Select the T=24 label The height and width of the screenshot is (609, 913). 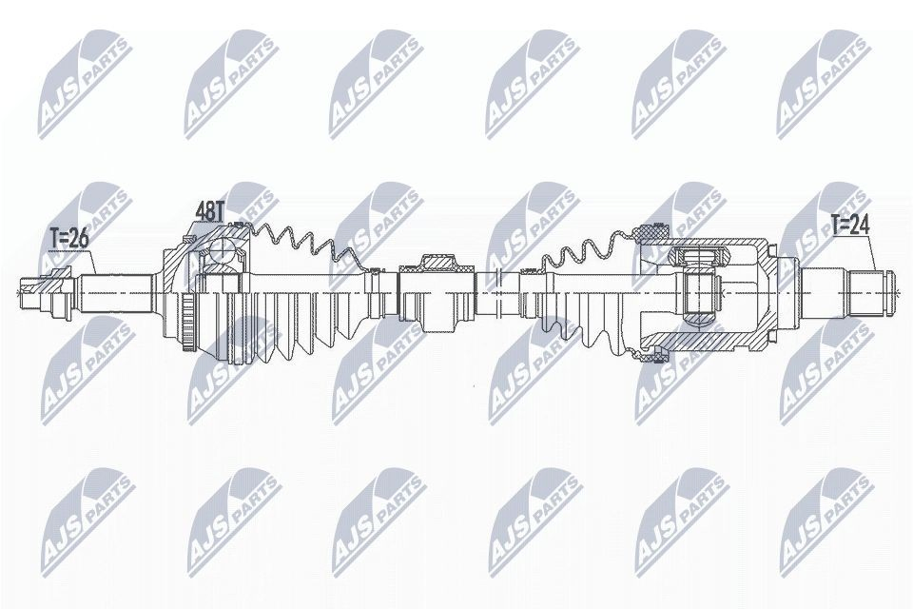(x=849, y=225)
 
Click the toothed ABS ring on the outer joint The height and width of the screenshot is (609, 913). (x=188, y=324)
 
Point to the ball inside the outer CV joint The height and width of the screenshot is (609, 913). (x=221, y=252)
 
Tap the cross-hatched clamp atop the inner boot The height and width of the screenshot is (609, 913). (x=652, y=232)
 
